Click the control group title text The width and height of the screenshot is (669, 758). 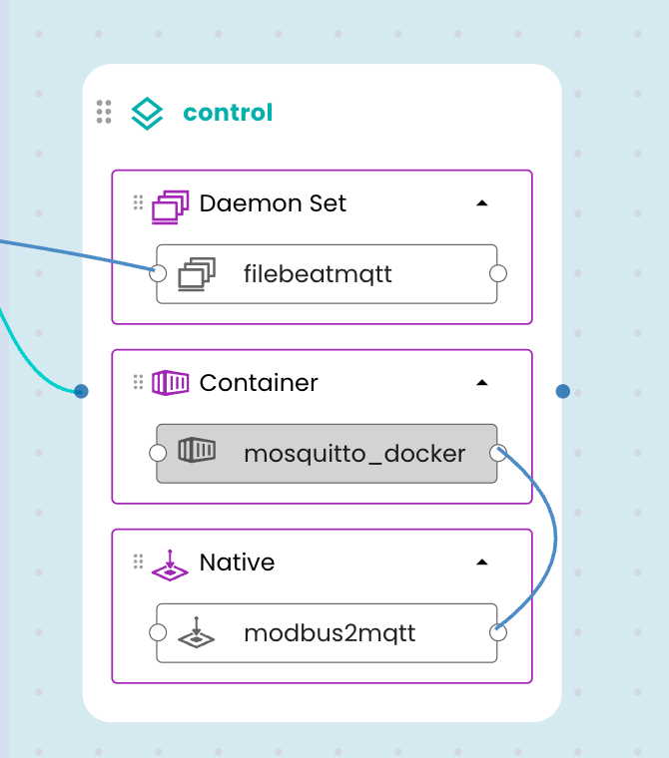coord(228,113)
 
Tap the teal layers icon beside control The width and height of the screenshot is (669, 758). coord(148,113)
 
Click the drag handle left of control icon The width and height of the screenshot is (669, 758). coord(104,112)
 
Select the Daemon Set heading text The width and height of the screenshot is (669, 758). coord(273,203)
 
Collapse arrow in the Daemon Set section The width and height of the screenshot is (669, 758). coord(482,203)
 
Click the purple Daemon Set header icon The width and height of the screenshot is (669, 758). coord(170,205)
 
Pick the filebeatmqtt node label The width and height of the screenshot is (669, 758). coord(318,273)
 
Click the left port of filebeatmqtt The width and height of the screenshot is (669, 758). coord(157,273)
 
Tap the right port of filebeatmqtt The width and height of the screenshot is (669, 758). coord(498,273)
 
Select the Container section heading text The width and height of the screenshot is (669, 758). coord(259,383)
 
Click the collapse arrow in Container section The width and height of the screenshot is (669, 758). coord(482,383)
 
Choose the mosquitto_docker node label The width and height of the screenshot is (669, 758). coord(354,454)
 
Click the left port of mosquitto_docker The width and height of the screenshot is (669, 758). coord(157,454)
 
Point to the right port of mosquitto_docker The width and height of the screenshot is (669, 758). coord(498,454)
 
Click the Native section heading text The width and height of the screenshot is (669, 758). coord(237,563)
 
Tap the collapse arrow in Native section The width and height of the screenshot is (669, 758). coord(482,563)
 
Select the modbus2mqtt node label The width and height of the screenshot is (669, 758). coord(330,633)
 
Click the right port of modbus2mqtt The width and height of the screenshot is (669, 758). coord(498,633)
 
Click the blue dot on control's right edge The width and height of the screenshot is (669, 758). coord(563,391)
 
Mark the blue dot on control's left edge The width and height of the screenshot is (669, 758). coord(82,391)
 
